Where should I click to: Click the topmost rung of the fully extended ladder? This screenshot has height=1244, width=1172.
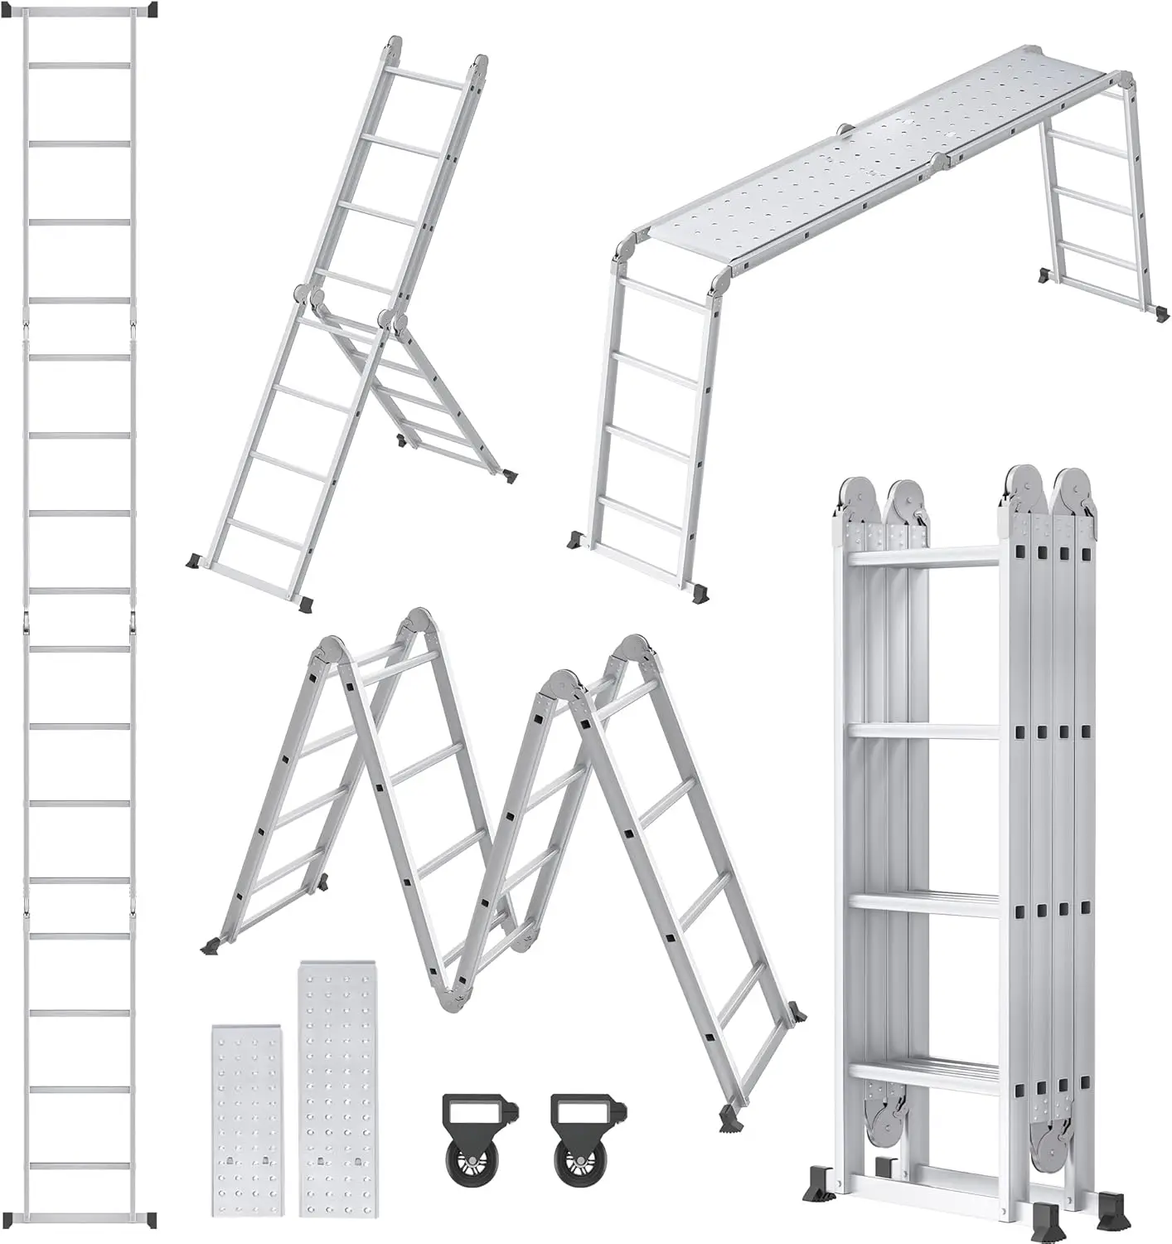pyautogui.click(x=80, y=65)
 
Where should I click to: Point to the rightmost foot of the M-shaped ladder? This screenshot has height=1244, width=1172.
pyautogui.click(x=797, y=1012)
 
